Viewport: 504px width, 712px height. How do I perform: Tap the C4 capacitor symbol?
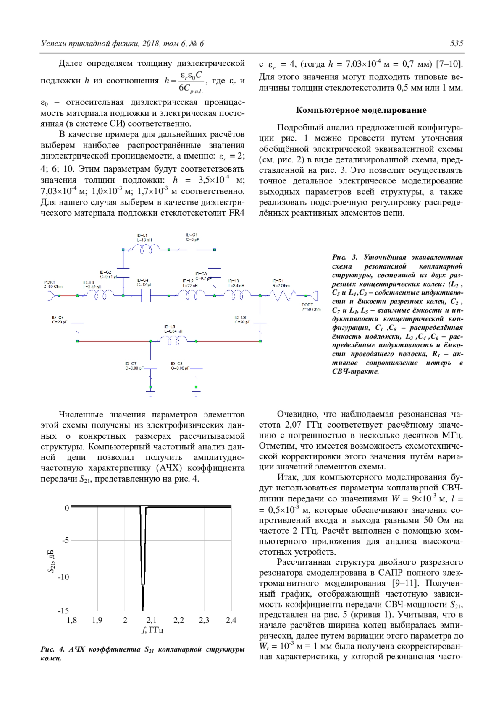pos(146,296)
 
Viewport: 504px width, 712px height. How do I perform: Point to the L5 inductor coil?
pos(173,341)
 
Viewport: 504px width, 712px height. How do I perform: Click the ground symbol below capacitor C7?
pos(150,393)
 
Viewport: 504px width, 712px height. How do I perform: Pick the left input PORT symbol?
pos(52,296)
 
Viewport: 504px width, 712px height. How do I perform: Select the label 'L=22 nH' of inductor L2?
pos(190,286)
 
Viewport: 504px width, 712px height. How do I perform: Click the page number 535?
pos(456,44)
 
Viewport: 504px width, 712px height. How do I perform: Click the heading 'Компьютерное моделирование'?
pos(361,110)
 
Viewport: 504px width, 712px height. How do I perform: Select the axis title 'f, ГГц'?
pos(152,630)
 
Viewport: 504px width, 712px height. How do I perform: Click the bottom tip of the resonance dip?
pos(143,610)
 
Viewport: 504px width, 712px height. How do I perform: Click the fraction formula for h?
pos(185,81)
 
